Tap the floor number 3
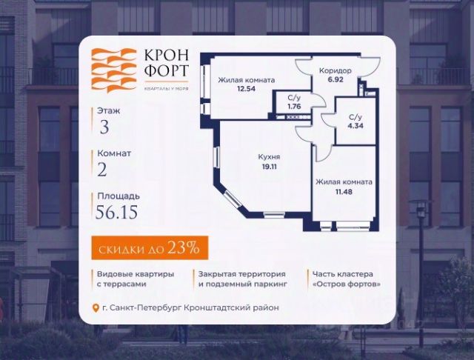pyautogui.click(x=104, y=126)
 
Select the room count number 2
pyautogui.click(x=102, y=171)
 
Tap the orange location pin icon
pyautogui.click(x=95, y=308)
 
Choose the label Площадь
pyautogui.click(x=118, y=197)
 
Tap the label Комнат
pyautogui.click(x=114, y=153)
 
